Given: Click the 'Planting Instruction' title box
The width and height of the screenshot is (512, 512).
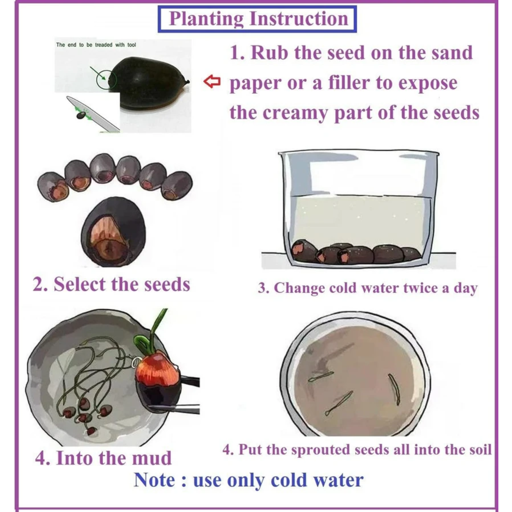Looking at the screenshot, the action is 257,19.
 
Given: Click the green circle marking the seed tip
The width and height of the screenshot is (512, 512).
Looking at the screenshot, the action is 107,79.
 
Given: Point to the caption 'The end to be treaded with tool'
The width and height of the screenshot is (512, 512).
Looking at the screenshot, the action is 96,45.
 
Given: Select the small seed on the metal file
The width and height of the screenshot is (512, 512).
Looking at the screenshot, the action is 81,115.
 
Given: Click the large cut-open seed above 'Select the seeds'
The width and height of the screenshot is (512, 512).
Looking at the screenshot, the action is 113,232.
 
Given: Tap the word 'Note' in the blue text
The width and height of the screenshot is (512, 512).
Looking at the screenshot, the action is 154,480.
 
